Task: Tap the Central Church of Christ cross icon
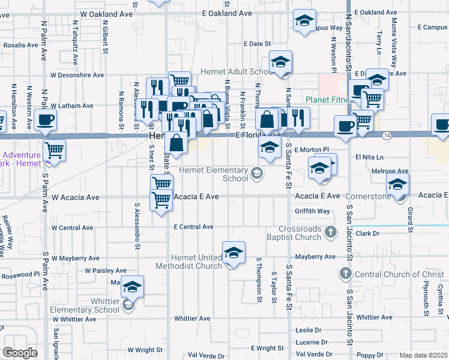click(345, 274)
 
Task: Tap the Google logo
click(20, 353)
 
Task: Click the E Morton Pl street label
click(312, 149)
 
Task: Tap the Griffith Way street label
click(312, 211)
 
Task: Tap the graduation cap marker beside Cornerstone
click(397, 187)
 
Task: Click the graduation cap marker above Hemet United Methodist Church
click(233, 253)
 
